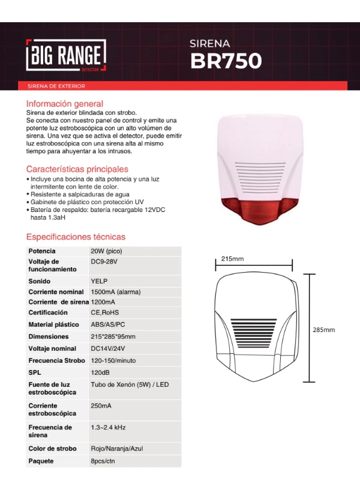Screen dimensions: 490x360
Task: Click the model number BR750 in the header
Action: click(226, 61)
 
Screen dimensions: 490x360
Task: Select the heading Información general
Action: click(65, 103)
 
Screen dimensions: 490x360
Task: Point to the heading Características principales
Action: click(77, 169)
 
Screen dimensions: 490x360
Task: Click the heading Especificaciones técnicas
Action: click(76, 237)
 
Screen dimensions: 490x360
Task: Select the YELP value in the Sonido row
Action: click(99, 281)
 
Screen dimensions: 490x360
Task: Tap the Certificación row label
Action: click(48, 313)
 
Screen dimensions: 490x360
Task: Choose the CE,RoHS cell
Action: click(105, 313)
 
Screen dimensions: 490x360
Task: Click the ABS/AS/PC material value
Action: click(109, 325)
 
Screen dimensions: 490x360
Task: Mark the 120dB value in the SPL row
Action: click(100, 373)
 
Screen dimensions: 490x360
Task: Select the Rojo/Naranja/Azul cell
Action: click(117, 449)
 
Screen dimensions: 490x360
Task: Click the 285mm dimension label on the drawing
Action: click(324, 330)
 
